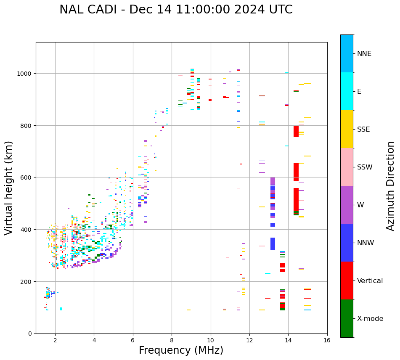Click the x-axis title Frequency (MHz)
[x=181, y=350]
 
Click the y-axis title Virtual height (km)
[x=9, y=188]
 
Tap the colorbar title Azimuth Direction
[x=391, y=186]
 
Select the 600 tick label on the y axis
[x=26, y=177]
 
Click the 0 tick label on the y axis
[x=30, y=334]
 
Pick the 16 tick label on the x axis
[x=327, y=341]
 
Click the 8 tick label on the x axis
[x=172, y=341]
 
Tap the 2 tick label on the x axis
[x=55, y=341]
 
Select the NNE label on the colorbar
[x=364, y=54]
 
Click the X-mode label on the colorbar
[x=370, y=319]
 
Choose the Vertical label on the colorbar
[x=370, y=281]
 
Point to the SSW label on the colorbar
[x=365, y=167]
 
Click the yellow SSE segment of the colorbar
[x=347, y=129]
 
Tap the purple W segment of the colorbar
[x=347, y=205]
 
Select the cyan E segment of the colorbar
[x=347, y=91]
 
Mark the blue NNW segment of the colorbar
[x=347, y=243]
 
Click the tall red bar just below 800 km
[x=296, y=131]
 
